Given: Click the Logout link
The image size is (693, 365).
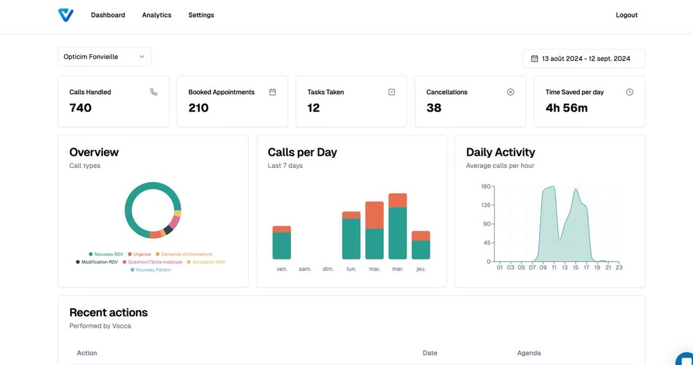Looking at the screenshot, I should pyautogui.click(x=626, y=15).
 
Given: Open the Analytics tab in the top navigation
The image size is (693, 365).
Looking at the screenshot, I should pyautogui.click(x=156, y=15).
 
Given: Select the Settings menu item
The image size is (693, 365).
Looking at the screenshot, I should pyautogui.click(x=201, y=15).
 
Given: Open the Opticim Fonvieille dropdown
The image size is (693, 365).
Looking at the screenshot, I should pyautogui.click(x=104, y=57).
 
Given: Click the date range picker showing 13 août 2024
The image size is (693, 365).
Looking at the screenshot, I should pyautogui.click(x=583, y=59).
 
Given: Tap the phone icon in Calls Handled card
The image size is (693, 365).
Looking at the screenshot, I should pyautogui.click(x=154, y=92).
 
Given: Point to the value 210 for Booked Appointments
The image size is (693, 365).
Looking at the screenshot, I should pyautogui.click(x=198, y=108).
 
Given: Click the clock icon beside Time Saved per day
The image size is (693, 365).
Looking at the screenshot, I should pyautogui.click(x=629, y=92).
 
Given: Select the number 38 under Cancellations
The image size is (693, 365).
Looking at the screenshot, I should pyautogui.click(x=434, y=108).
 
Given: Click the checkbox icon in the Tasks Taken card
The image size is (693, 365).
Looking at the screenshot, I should pyautogui.click(x=391, y=92).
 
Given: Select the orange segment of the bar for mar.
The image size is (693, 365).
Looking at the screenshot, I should pyautogui.click(x=374, y=215).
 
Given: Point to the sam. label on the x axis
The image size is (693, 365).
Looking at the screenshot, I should pyautogui.click(x=305, y=270).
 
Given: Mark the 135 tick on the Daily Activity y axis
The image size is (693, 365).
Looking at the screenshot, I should pyautogui.click(x=486, y=205).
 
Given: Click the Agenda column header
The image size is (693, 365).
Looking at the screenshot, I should pyautogui.click(x=529, y=353).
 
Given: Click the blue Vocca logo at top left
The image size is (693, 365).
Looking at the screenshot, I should pyautogui.click(x=66, y=15).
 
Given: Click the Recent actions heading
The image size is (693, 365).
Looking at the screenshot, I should pyautogui.click(x=108, y=312).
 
